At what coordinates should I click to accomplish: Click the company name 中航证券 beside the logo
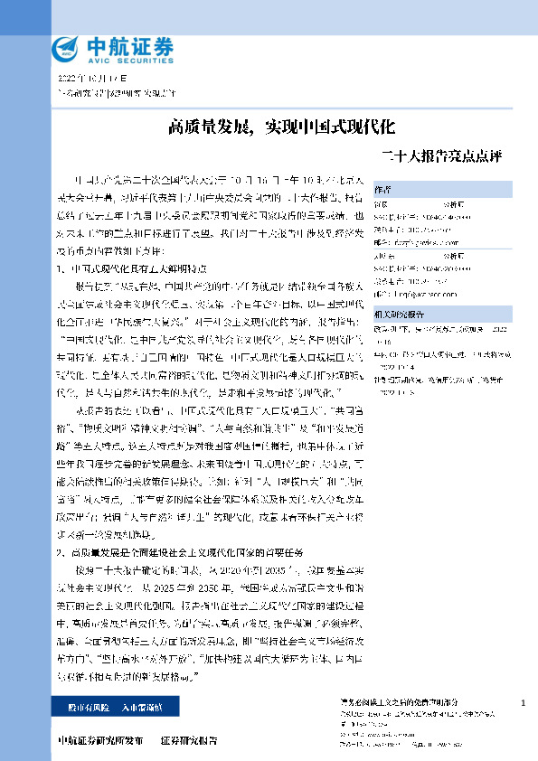click(x=127, y=45)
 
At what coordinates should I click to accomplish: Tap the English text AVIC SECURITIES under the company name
click(x=127, y=61)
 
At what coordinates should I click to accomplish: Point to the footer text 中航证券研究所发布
click(x=99, y=740)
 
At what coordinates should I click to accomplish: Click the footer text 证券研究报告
click(x=189, y=740)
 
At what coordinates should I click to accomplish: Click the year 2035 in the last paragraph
click(x=286, y=569)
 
